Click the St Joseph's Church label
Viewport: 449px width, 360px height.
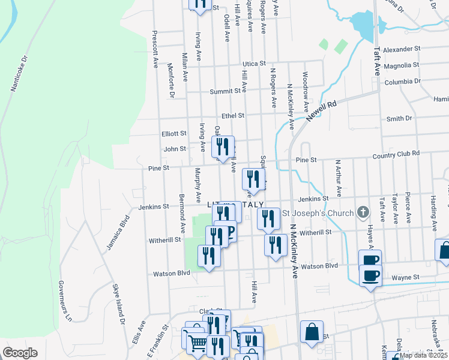click(x=317, y=212)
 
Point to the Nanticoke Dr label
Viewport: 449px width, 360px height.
click(x=19, y=74)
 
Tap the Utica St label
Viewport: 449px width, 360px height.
click(x=254, y=63)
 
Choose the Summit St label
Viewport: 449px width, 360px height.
click(x=229, y=91)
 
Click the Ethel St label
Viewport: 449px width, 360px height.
click(x=233, y=115)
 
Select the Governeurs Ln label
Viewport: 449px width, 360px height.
click(x=65, y=299)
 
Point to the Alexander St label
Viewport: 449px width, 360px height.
click(x=403, y=49)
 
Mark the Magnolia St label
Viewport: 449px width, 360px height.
click(x=402, y=65)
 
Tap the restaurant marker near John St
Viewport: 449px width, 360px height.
click(x=223, y=147)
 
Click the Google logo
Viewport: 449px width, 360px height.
click(x=20, y=353)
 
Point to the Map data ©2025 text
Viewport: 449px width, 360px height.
click(x=423, y=355)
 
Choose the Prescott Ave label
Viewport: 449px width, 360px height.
click(x=155, y=48)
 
